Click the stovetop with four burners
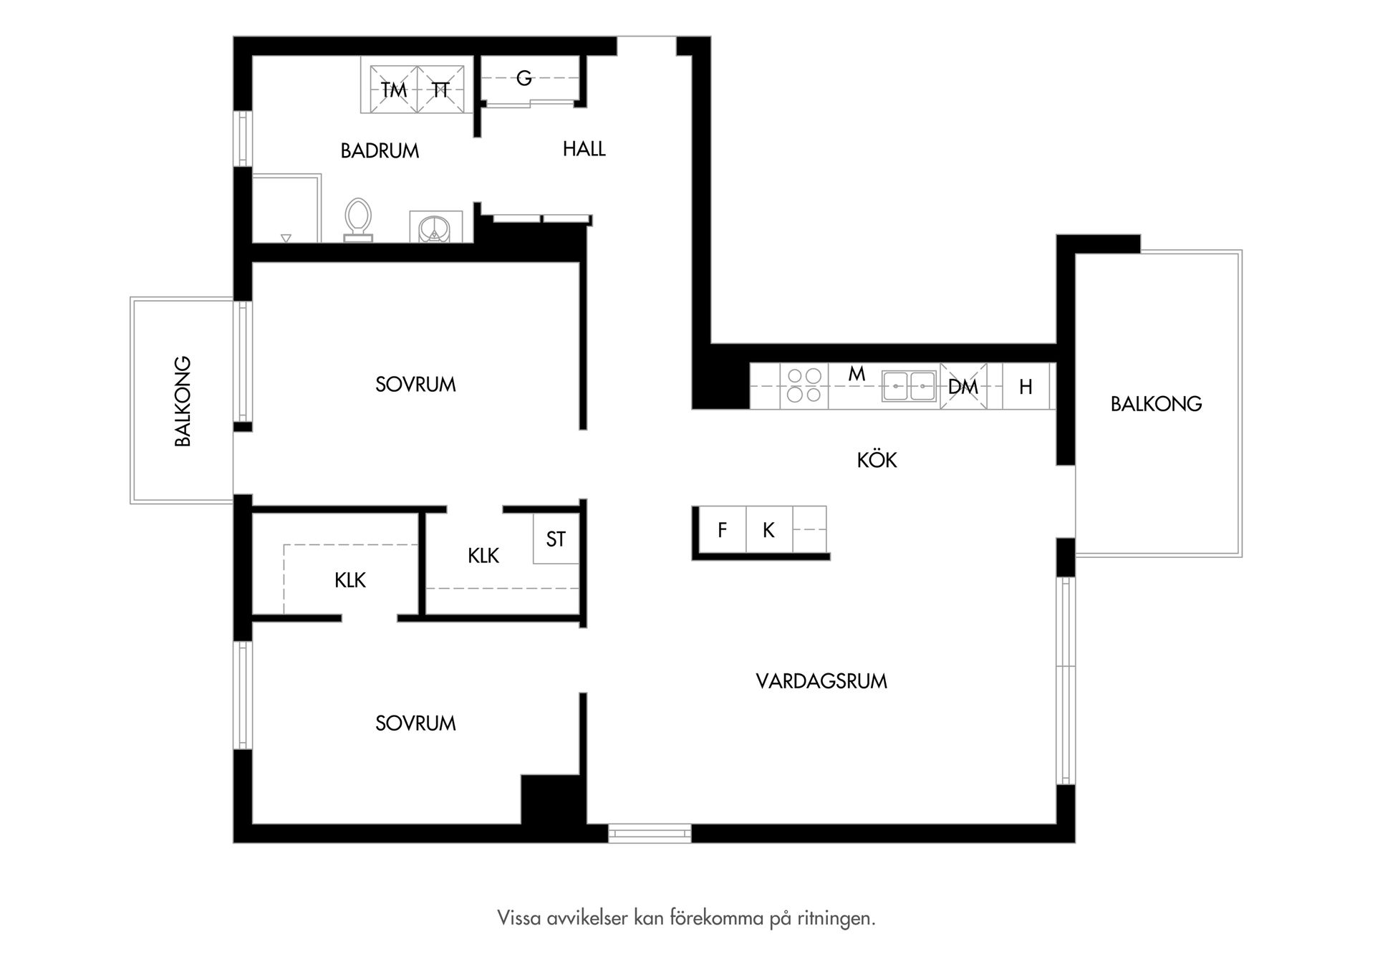pyautogui.click(x=804, y=385)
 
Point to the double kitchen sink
pyautogui.click(x=910, y=386)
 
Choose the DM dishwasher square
pyautogui.click(x=963, y=386)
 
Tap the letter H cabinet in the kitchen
pyautogui.click(x=1026, y=386)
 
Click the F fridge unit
pyautogui.click(x=722, y=529)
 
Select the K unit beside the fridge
pyautogui.click(x=769, y=529)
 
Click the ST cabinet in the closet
pyautogui.click(x=556, y=539)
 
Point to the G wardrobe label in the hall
pyautogui.click(x=524, y=78)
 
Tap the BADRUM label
pyautogui.click(x=380, y=150)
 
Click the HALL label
pyautogui.click(x=584, y=149)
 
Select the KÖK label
pyautogui.click(x=877, y=459)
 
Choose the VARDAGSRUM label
pyautogui.click(x=821, y=681)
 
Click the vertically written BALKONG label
pyautogui.click(x=183, y=401)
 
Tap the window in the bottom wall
pyautogui.click(x=650, y=833)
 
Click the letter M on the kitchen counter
pyautogui.click(x=857, y=374)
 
